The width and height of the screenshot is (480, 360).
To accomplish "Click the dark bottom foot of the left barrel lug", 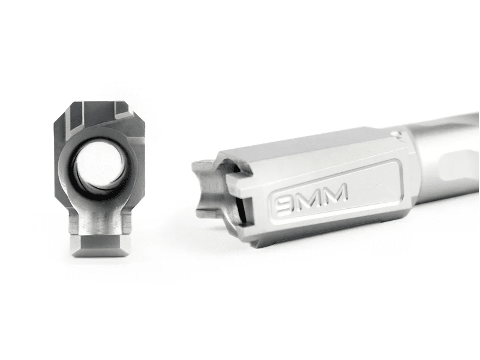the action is (101, 245).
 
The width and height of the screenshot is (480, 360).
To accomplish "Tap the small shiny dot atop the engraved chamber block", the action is (397, 133).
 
